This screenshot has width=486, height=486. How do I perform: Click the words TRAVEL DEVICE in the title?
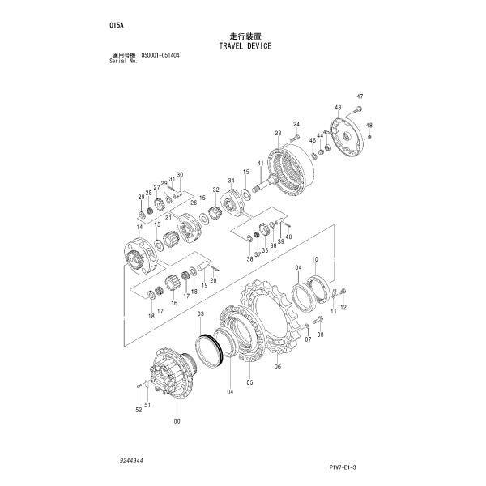tap(245, 46)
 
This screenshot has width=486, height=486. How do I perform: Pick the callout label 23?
tap(278, 133)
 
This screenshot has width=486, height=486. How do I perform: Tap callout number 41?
tap(260, 164)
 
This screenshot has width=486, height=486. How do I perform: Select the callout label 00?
tap(177, 421)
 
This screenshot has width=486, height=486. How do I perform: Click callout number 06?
tap(278, 365)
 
